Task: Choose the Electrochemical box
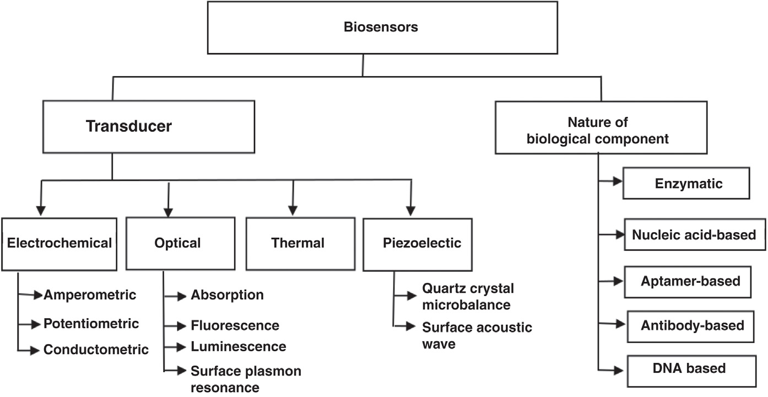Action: (x=60, y=243)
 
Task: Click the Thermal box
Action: (x=298, y=243)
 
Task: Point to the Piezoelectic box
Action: (x=422, y=243)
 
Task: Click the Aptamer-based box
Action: (x=690, y=281)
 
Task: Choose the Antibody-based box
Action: (x=692, y=325)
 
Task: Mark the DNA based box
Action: (x=689, y=368)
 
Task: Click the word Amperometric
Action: (x=90, y=295)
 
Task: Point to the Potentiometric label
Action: (x=91, y=323)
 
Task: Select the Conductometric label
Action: (x=96, y=349)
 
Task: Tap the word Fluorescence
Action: (x=235, y=325)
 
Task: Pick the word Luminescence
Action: (x=238, y=346)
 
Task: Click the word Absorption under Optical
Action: (x=227, y=295)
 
